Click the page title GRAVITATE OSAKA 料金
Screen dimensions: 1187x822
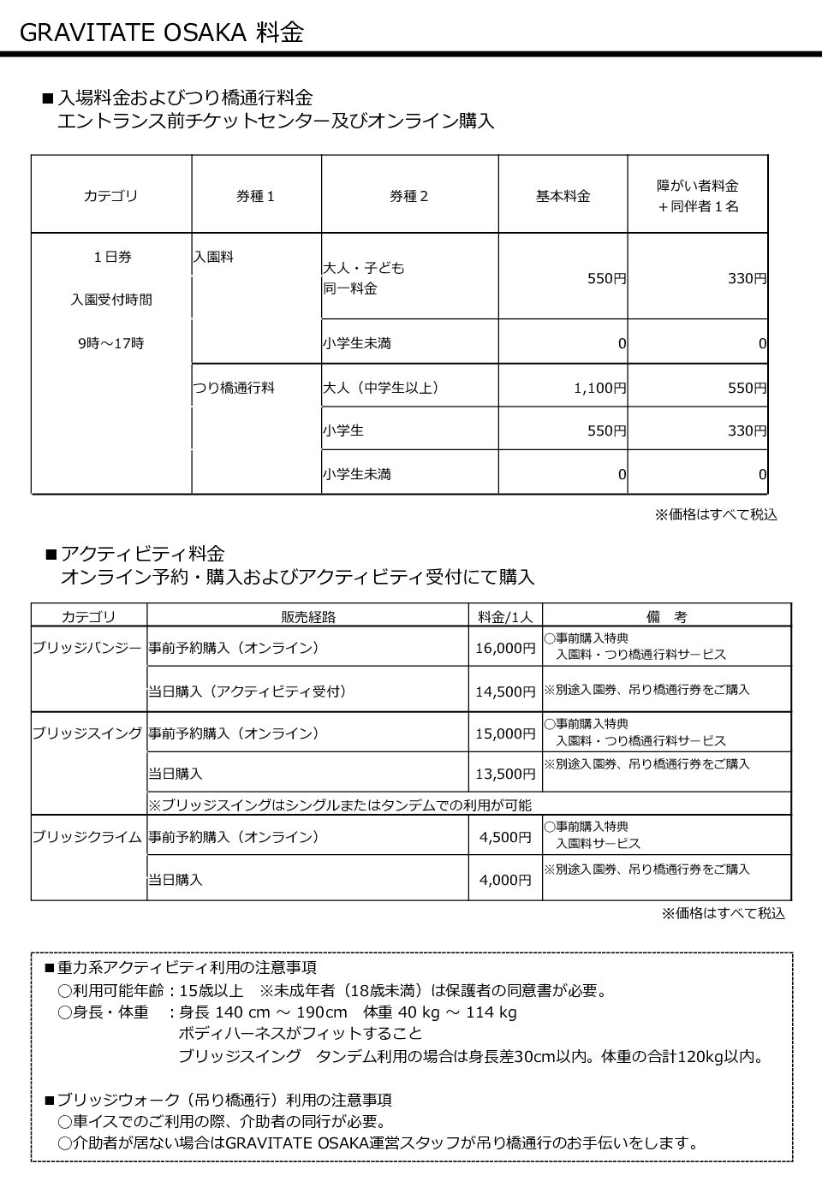(x=161, y=33)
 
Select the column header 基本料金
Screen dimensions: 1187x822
(x=563, y=196)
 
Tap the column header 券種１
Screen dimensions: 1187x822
(x=256, y=196)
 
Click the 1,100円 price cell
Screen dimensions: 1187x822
(x=599, y=388)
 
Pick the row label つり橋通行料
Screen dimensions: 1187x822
(x=234, y=388)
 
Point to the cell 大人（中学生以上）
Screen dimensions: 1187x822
(x=381, y=388)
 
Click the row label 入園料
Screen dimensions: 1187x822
(x=213, y=256)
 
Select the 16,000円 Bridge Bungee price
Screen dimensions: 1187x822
(x=505, y=648)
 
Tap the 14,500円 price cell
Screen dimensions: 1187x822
(x=505, y=691)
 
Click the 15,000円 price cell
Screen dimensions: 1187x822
(x=505, y=733)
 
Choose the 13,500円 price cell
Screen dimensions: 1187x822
(x=505, y=774)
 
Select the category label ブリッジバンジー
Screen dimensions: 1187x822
(x=87, y=648)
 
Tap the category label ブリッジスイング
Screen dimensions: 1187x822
(x=87, y=733)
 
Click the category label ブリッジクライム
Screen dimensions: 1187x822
(x=87, y=837)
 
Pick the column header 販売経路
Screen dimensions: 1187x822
(x=308, y=616)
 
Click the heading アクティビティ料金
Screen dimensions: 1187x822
(x=143, y=554)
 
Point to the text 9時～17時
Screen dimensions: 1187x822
(x=110, y=343)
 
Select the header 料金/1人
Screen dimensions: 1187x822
(x=505, y=616)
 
